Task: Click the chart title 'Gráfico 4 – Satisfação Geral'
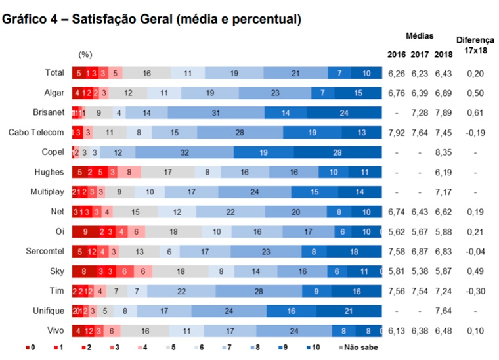pos(152,19)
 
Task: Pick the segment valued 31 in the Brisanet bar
pos(215,113)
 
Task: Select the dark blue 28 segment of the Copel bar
pos(337,152)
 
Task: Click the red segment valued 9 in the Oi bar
pos(85,231)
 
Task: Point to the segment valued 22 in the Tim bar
pos(180,290)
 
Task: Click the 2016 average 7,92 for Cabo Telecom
pos(397,132)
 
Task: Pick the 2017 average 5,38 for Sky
pos(420,271)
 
